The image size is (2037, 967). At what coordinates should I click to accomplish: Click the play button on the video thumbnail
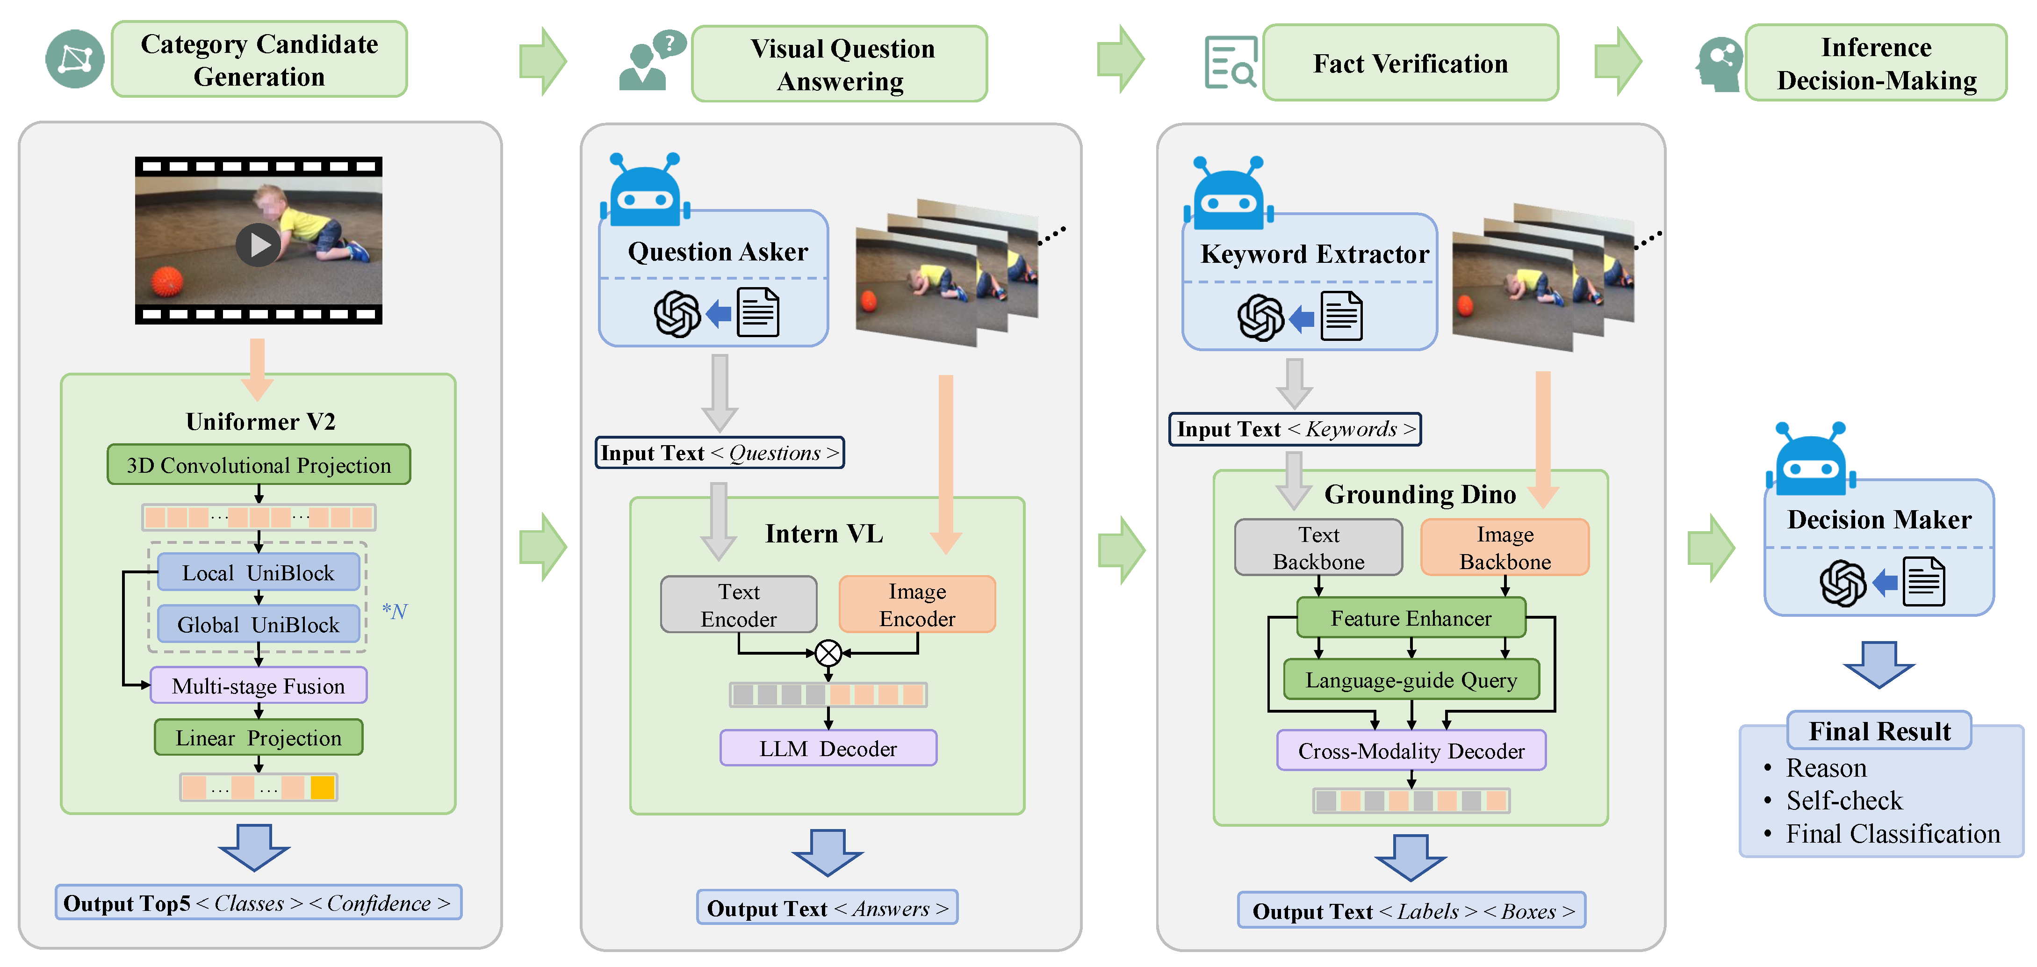[258, 245]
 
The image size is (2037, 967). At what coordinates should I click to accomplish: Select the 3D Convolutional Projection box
[259, 465]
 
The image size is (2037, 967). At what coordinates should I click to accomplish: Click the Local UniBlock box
[259, 572]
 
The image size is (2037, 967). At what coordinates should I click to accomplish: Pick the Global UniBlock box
[259, 625]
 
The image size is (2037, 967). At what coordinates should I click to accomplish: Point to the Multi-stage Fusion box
[259, 686]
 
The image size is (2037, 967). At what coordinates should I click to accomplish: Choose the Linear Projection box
[259, 738]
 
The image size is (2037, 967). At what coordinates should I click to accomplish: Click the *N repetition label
[395, 611]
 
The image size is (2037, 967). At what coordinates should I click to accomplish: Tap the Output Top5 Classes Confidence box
[258, 903]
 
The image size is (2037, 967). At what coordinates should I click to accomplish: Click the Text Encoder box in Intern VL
[739, 605]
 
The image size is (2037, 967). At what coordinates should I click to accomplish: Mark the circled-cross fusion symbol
[828, 654]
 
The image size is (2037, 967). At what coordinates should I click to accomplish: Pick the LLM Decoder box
[828, 749]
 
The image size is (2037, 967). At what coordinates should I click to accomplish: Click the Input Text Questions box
[720, 453]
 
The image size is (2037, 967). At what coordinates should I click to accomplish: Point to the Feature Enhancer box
[1411, 618]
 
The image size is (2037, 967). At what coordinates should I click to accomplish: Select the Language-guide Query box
[1411, 680]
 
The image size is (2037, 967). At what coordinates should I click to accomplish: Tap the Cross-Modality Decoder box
[1411, 751]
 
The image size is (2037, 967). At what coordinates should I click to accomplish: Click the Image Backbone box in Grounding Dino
[1505, 548]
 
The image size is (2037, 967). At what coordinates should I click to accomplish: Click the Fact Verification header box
[1411, 63]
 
